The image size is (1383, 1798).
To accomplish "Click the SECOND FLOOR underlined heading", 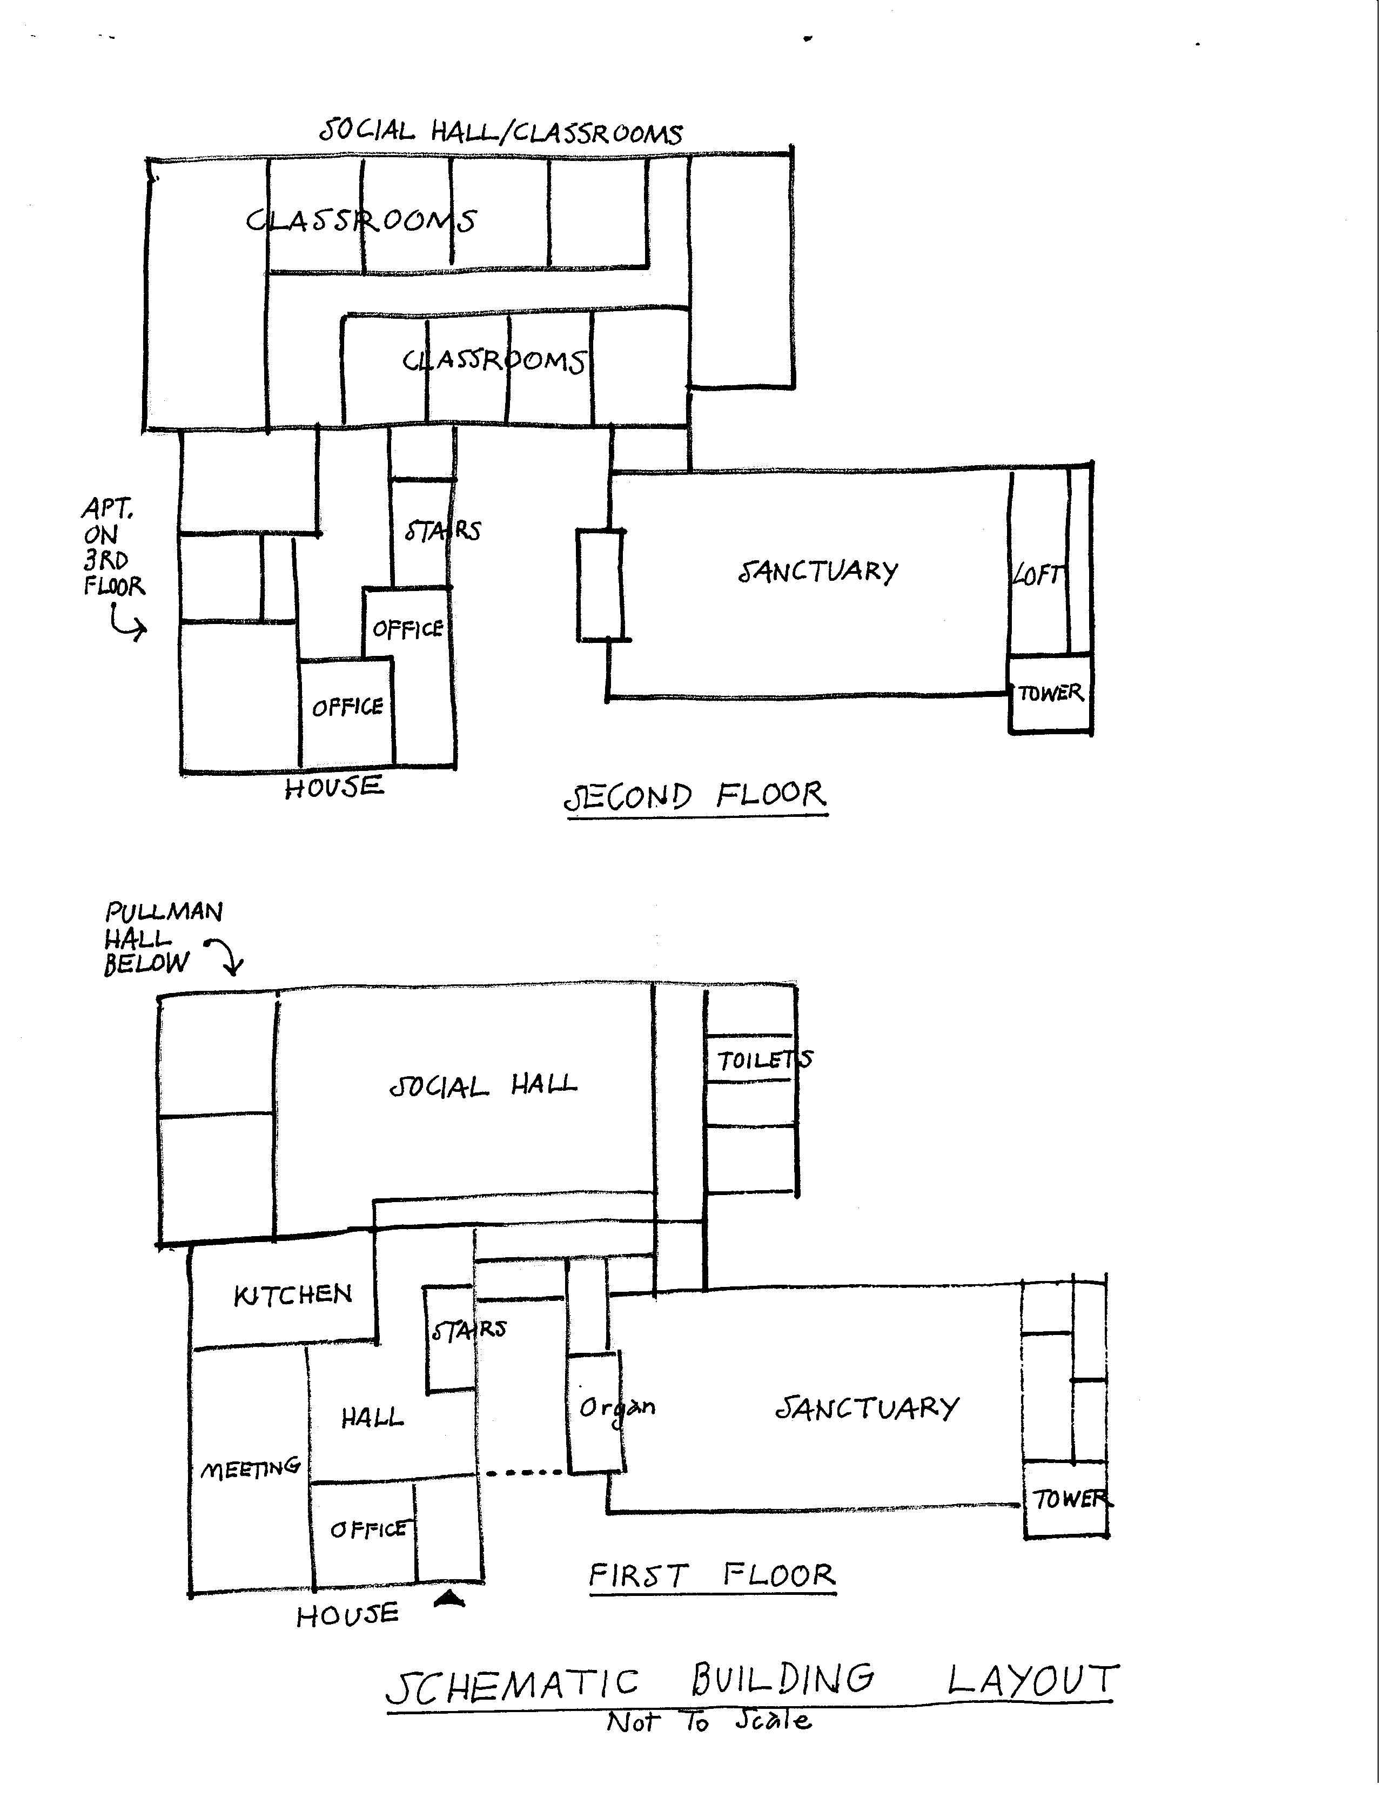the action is click(x=696, y=797).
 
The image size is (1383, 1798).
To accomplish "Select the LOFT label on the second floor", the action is click(x=1038, y=575).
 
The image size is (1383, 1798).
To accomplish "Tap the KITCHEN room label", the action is click(x=293, y=1295).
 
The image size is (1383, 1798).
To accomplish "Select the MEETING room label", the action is click(x=250, y=1467).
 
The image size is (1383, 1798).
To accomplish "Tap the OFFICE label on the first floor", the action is click(x=368, y=1529).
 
